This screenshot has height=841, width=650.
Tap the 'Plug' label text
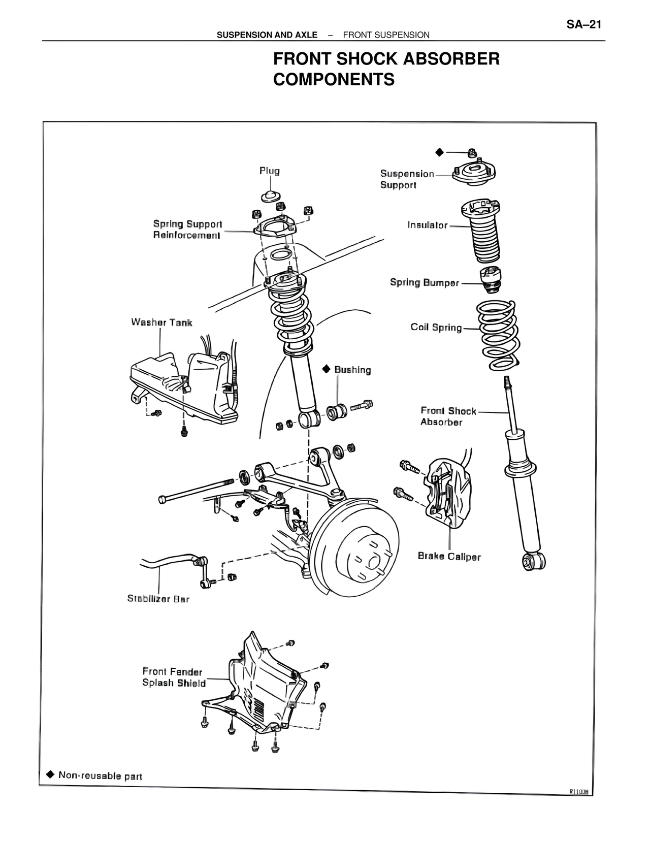[x=269, y=171]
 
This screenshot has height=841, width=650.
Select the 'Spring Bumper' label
[x=424, y=283]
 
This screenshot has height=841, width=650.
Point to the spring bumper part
[x=491, y=279]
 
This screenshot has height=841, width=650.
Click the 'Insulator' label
[x=427, y=225]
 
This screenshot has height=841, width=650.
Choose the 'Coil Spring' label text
[x=436, y=328]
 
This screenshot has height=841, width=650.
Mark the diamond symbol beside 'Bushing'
[x=327, y=369]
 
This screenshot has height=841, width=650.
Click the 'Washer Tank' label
[x=161, y=322]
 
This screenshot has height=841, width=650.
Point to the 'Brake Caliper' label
[x=449, y=557]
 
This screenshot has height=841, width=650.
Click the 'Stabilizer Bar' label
[x=158, y=599]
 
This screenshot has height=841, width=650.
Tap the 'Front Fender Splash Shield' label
[x=173, y=677]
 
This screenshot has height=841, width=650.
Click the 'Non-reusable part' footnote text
[x=100, y=776]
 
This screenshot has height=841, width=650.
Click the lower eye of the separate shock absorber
[x=534, y=561]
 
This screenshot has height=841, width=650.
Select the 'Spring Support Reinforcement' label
[x=187, y=230]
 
